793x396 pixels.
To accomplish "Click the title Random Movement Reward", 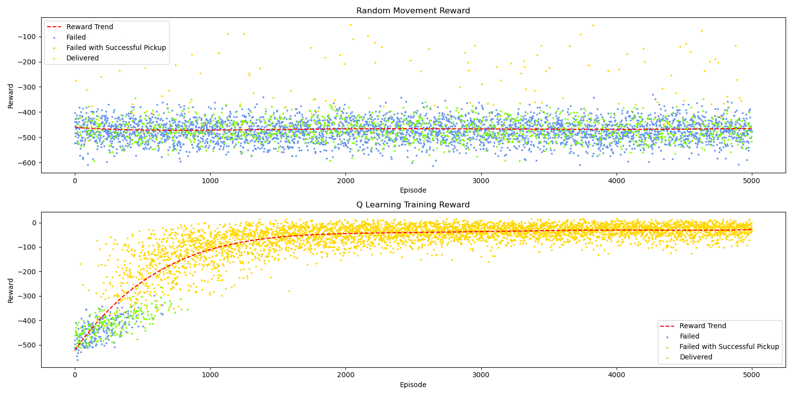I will [413, 11].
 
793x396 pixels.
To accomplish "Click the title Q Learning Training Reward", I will [413, 205].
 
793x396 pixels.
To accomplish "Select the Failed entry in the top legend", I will [76, 37].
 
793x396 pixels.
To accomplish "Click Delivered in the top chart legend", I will [82, 58].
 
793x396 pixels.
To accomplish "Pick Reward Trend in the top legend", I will [89, 27].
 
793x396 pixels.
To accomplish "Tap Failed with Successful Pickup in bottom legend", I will [729, 346].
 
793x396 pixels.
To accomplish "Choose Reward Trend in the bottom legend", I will [702, 326].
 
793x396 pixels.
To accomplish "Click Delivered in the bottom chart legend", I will [695, 357].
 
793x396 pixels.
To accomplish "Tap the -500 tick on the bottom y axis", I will [28, 345].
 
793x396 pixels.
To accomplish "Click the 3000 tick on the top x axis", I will [481, 181].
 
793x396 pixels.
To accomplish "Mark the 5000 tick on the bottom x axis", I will [751, 375].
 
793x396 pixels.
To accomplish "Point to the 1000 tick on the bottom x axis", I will [210, 375].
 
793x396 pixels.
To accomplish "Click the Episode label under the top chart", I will [413, 190].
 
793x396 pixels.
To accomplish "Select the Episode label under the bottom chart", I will [413, 385].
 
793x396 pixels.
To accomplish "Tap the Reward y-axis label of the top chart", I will [11, 96].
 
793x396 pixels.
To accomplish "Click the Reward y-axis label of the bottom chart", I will [11, 290].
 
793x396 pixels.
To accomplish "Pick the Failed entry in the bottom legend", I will [689, 336].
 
